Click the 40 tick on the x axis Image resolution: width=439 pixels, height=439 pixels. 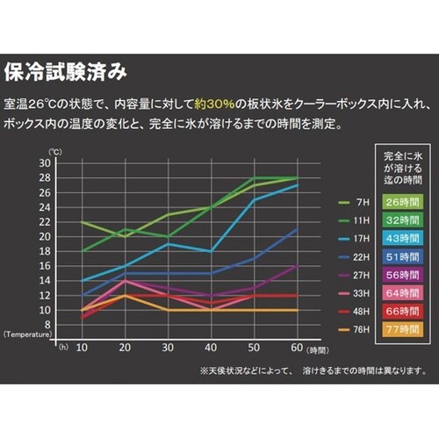pos(212,347)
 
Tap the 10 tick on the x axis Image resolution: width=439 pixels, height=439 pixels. pos(83,347)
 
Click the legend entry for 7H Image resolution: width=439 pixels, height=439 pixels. pos(348,201)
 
